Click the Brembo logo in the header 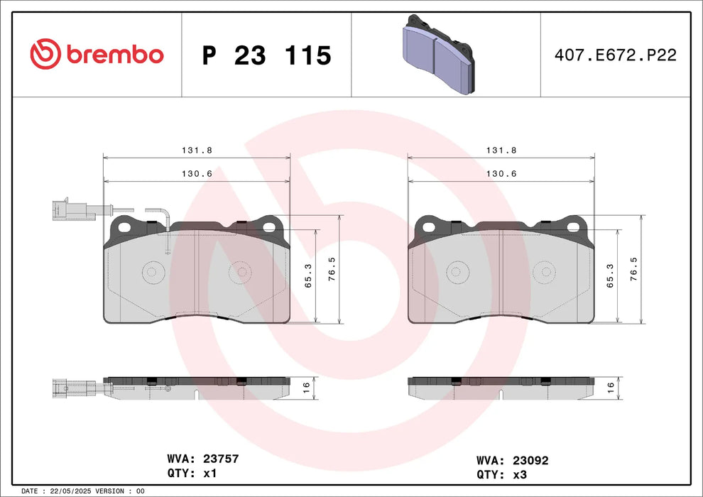pos(97,54)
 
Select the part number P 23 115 pos(267,55)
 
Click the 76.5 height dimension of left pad pos(330,269)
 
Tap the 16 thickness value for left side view pos(305,387)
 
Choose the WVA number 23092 pos(526,460)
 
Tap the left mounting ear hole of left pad pos(126,227)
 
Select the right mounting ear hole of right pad pos(572,227)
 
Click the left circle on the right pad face pos(455,271)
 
